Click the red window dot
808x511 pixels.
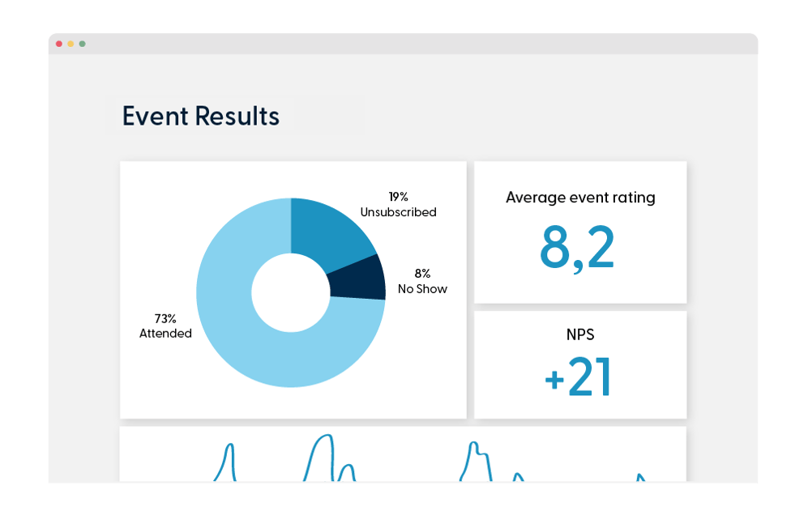pyautogui.click(x=59, y=44)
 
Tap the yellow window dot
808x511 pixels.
pyautogui.click(x=71, y=44)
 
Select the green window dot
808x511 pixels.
pyautogui.click(x=82, y=44)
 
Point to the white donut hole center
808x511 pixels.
pyautogui.click(x=290, y=293)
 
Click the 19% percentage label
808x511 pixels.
pyautogui.click(x=398, y=196)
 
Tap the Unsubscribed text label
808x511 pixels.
pyautogui.click(x=398, y=212)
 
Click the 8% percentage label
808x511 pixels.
pyautogui.click(x=422, y=273)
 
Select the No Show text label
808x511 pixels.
pyautogui.click(x=422, y=289)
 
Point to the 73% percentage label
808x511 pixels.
pyautogui.click(x=165, y=317)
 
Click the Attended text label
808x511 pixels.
pyautogui.click(x=165, y=334)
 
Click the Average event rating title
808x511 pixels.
pyautogui.click(x=580, y=197)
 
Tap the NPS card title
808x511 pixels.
pyautogui.click(x=580, y=333)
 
